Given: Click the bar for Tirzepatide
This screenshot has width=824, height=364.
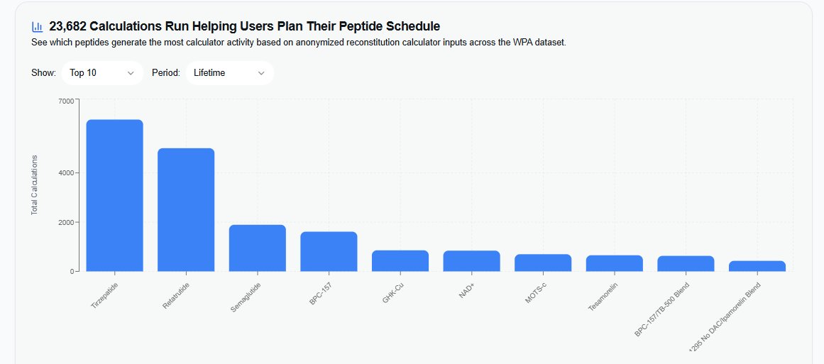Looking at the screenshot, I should pyautogui.click(x=114, y=195).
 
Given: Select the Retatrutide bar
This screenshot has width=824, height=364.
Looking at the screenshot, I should pyautogui.click(x=186, y=209).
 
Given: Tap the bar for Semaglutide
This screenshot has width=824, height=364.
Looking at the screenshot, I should pyautogui.click(x=257, y=248).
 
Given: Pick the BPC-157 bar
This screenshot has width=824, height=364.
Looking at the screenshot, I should pyautogui.click(x=329, y=251).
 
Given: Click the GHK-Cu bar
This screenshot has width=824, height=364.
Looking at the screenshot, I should pyautogui.click(x=400, y=260).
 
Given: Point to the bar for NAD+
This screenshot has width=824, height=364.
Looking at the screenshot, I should pyautogui.click(x=471, y=260).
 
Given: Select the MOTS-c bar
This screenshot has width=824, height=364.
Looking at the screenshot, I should pyautogui.click(x=543, y=263).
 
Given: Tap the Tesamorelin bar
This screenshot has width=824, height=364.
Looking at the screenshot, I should pyautogui.click(x=614, y=263).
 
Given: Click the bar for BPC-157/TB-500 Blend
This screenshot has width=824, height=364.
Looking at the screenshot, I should pyautogui.click(x=686, y=263).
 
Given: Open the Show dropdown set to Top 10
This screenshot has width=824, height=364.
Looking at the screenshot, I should pyautogui.click(x=102, y=73).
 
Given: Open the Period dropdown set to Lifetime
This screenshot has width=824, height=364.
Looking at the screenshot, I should pyautogui.click(x=229, y=73).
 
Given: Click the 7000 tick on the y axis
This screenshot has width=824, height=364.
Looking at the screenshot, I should pyautogui.click(x=66, y=101).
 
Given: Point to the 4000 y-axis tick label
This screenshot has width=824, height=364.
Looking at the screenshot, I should pyautogui.click(x=66, y=172).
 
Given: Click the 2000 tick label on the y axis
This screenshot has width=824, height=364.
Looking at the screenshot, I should pyautogui.click(x=66, y=222).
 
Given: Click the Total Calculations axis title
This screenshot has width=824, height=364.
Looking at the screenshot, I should pyautogui.click(x=34, y=184).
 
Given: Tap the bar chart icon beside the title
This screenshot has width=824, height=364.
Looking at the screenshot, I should pyautogui.click(x=38, y=27).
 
